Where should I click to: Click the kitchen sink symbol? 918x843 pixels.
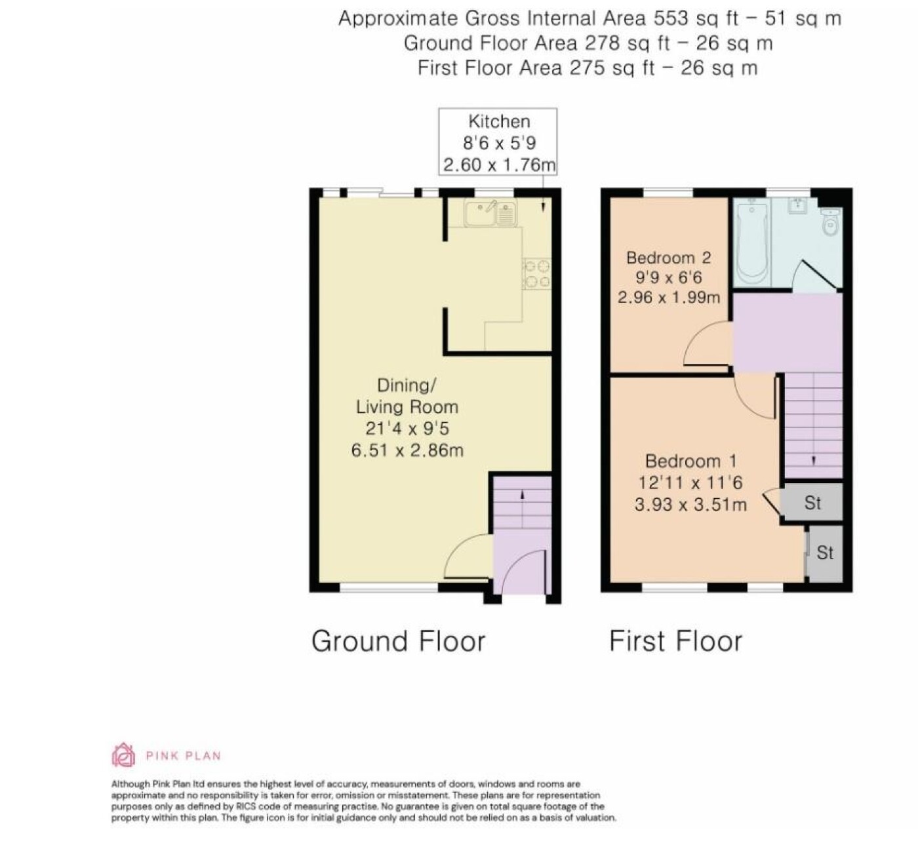(490, 212)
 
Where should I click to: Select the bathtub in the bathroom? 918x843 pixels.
(752, 243)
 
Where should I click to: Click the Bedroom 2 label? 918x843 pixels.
(669, 258)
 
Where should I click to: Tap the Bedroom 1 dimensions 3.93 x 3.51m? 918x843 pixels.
(690, 504)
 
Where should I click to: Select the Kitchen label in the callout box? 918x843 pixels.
(499, 121)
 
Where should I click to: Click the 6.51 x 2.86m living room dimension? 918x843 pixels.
(407, 450)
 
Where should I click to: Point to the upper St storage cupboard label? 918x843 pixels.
(812, 503)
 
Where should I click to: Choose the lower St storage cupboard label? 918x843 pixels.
(825, 553)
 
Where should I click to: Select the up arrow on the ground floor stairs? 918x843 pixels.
(522, 496)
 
